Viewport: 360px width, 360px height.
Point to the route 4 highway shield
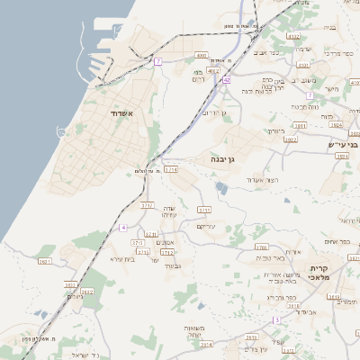[122, 227]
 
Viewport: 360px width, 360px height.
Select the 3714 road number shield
[170, 168]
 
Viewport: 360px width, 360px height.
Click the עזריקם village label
[208, 227]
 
